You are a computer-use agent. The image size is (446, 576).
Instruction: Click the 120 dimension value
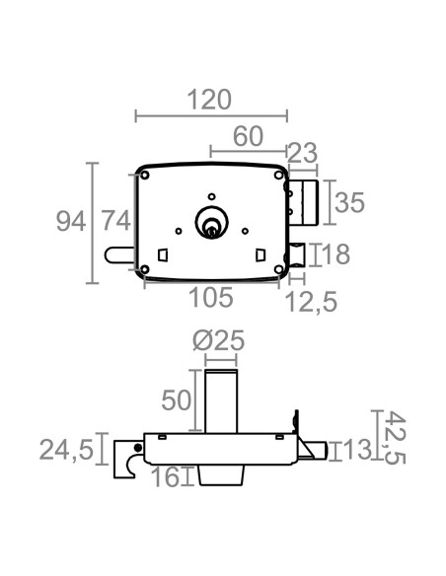pyautogui.click(x=209, y=100)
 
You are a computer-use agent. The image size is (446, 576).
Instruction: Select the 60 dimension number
pyautogui.click(x=248, y=136)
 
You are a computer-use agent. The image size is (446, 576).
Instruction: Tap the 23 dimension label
pyautogui.click(x=302, y=153)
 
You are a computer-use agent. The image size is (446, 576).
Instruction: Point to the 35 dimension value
pyautogui.click(x=349, y=202)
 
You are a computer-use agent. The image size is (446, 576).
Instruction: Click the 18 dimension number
pyautogui.click(x=335, y=253)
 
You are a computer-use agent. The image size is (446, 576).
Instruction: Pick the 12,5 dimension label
pyautogui.click(x=311, y=303)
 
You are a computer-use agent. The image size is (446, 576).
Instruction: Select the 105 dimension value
pyautogui.click(x=211, y=297)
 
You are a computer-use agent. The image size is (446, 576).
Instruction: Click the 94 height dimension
pyautogui.click(x=71, y=222)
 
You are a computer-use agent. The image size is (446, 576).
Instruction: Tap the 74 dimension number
pyautogui.click(x=115, y=221)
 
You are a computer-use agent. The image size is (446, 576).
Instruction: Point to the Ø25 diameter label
pyautogui.click(x=218, y=340)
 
